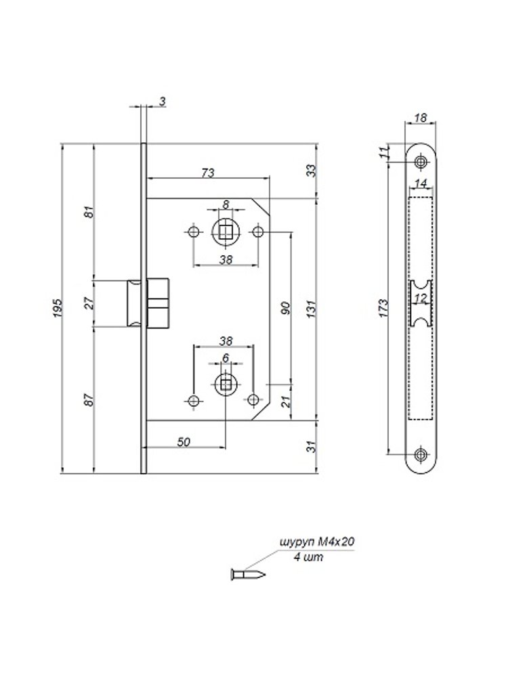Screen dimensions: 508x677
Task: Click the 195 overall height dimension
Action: click(x=58, y=308)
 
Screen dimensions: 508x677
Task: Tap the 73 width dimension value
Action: click(x=208, y=173)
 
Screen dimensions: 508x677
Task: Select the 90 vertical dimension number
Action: click(x=286, y=308)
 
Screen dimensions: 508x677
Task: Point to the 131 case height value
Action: click(x=312, y=309)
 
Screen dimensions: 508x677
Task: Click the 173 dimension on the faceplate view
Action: click(x=383, y=308)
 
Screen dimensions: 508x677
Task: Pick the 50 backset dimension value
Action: click(x=184, y=441)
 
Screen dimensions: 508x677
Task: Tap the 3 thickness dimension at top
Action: click(x=163, y=102)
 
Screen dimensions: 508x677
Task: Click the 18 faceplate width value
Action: click(x=420, y=118)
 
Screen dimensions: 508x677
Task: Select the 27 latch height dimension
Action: click(x=89, y=303)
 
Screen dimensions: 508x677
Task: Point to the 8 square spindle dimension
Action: click(x=226, y=204)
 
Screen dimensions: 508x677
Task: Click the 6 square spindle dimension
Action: click(x=226, y=358)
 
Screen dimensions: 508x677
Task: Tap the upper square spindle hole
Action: click(x=226, y=232)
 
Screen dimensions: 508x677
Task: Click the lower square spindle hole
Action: click(x=226, y=383)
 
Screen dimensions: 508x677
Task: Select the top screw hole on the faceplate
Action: click(x=420, y=162)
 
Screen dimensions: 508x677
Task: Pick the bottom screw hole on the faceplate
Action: click(x=420, y=454)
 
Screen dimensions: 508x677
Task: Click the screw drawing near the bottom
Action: click(x=247, y=575)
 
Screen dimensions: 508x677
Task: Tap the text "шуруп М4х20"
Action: click(x=318, y=542)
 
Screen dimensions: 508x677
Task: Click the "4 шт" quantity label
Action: click(x=308, y=557)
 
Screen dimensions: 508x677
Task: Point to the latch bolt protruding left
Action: click(x=133, y=303)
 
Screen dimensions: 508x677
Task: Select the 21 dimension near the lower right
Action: click(x=286, y=401)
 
